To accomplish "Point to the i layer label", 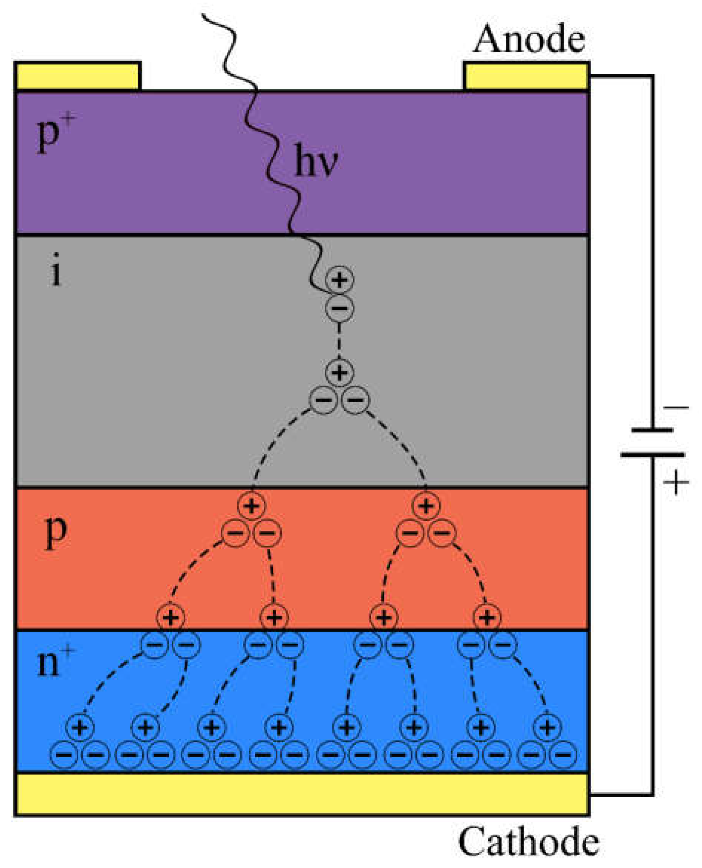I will click(x=56, y=270).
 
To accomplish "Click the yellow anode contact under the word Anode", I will click(x=526, y=76).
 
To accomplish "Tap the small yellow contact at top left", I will click(x=78, y=76).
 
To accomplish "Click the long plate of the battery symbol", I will click(x=652, y=455).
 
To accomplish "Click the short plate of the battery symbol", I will click(x=652, y=430).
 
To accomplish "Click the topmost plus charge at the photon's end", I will click(x=339, y=279).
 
